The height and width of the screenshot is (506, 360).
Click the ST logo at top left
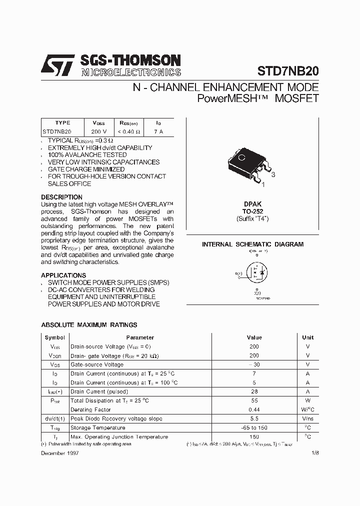(57, 65)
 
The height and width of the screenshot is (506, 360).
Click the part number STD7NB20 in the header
(287, 71)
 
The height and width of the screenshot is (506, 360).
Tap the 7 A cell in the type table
(158, 131)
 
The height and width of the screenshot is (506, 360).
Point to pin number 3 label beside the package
(273, 175)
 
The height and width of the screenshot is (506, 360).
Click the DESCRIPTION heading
(61, 197)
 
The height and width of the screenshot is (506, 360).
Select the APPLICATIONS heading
(63, 275)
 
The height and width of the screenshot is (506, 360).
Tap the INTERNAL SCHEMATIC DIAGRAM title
(252, 244)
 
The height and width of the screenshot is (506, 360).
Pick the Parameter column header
(140, 337)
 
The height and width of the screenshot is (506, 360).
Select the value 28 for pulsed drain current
(254, 391)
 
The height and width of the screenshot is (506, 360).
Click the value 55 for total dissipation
(254, 400)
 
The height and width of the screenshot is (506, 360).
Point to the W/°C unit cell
(307, 409)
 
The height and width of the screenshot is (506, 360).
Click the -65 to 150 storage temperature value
(254, 427)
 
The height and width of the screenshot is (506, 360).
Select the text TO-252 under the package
(252, 211)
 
